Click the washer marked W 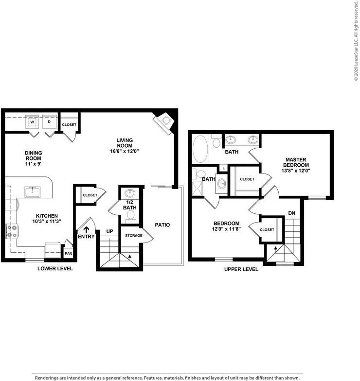click(x=32, y=121)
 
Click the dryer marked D click(x=50, y=121)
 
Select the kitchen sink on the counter click(x=33, y=191)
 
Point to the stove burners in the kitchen click(x=12, y=231)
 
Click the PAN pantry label click(x=68, y=254)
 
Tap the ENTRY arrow click(x=87, y=229)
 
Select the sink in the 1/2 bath click(x=130, y=193)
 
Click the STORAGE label click(x=134, y=235)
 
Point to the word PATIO click(x=162, y=225)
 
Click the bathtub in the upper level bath click(x=200, y=149)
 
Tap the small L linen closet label click(x=224, y=168)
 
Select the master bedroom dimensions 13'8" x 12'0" click(x=296, y=171)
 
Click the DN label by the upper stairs click(x=292, y=213)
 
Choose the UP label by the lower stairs click(x=110, y=231)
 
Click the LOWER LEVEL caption click(x=55, y=268)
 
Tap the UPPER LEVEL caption click(x=241, y=269)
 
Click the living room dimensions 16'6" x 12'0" click(x=125, y=151)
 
